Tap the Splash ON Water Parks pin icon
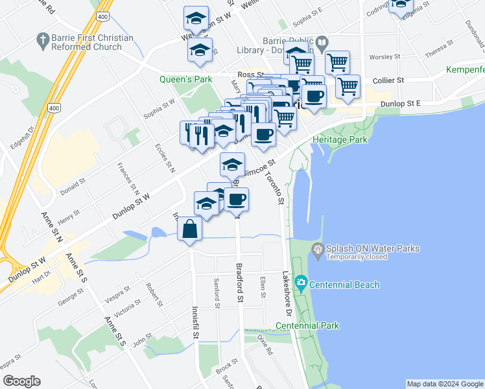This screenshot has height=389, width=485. (318, 249)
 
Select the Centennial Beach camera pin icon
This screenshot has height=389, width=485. (301, 283)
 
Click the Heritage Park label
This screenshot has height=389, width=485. (339, 139)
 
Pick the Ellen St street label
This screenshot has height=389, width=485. (263, 287)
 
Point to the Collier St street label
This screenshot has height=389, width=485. (388, 80)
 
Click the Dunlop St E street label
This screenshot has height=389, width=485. (400, 103)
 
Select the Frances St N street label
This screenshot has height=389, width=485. (127, 179)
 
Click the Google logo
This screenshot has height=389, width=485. (21, 381)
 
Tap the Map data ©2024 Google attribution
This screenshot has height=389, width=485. (444, 384)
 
